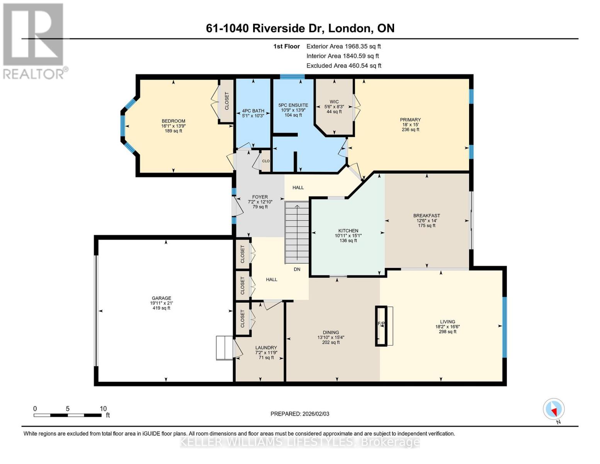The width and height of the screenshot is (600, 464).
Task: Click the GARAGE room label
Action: click(x=161, y=298)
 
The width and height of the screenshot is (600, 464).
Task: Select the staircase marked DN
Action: click(x=297, y=232)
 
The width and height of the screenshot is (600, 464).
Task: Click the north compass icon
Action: click(x=554, y=409)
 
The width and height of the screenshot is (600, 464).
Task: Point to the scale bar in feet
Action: click(x=68, y=415)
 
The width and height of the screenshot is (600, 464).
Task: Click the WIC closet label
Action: click(x=334, y=102)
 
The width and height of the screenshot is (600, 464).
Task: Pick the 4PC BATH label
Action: click(x=253, y=111)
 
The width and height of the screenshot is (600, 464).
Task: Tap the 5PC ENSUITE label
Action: click(x=293, y=105)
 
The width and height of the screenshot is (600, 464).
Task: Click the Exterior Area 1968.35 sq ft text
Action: click(x=343, y=46)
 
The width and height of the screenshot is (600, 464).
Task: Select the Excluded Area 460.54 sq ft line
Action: click(x=343, y=66)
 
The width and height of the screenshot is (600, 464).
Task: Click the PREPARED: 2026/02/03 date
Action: click(x=300, y=414)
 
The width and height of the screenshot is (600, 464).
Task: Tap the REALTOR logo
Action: click(x=34, y=41)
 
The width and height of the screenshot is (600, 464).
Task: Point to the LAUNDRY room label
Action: click(x=266, y=348)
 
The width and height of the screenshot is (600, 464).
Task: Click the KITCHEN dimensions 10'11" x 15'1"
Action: click(x=348, y=235)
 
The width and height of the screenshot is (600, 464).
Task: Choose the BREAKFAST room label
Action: click(x=427, y=216)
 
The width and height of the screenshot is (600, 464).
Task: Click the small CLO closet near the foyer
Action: click(x=265, y=161)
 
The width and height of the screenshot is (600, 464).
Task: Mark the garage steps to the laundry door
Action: click(x=224, y=348)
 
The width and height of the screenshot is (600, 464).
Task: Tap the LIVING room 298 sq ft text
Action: click(x=447, y=331)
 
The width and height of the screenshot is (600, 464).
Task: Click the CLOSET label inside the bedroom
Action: click(x=227, y=101)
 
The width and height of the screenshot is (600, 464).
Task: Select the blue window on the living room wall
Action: click(x=504, y=327)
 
